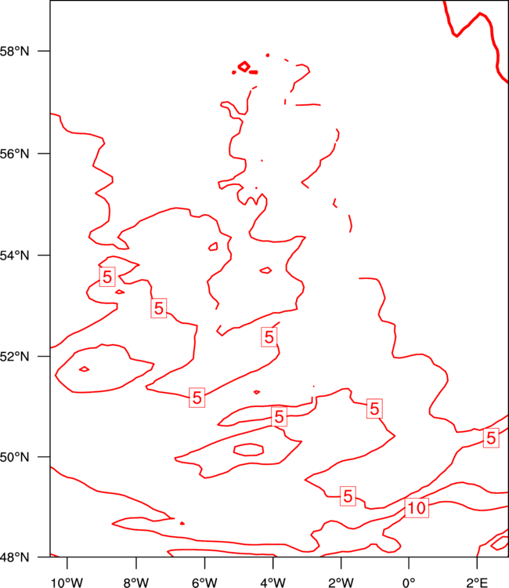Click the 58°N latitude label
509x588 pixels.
point(14,51)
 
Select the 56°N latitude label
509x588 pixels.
point(14,154)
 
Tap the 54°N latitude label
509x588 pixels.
point(14,256)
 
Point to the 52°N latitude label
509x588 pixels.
point(14,356)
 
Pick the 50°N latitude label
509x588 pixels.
point(14,457)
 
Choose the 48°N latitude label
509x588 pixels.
point(14,557)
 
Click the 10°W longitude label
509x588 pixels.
point(67,583)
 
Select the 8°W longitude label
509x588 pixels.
point(136,583)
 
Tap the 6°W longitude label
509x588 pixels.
point(204,583)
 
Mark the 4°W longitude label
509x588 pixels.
point(273,583)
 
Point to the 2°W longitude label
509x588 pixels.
point(341,583)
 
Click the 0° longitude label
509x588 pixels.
point(409,583)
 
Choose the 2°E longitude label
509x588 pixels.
point(477,583)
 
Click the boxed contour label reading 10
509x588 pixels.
point(417,508)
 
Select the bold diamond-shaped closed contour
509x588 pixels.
point(244,67)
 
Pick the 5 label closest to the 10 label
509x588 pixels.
point(348,496)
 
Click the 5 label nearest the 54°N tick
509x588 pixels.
point(107,277)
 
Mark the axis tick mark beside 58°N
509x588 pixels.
point(44,51)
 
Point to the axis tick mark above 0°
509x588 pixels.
point(409,563)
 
